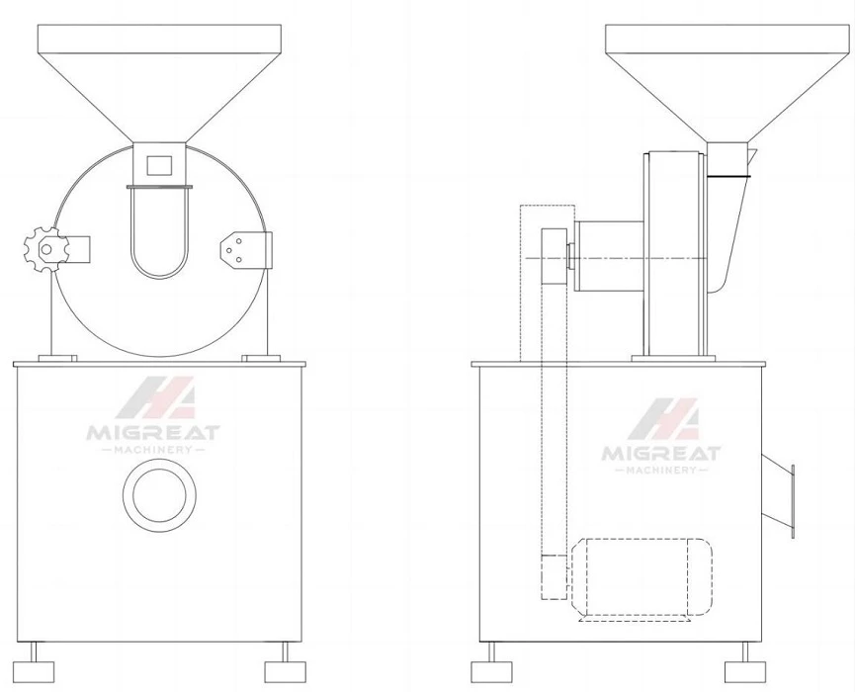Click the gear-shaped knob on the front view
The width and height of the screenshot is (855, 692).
46,250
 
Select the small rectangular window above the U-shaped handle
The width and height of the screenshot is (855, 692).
159,165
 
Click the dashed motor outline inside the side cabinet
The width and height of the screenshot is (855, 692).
642,577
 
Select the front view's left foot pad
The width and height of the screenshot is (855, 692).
34,671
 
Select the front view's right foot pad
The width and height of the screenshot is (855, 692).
286,671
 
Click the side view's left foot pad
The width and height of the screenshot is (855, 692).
491,671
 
